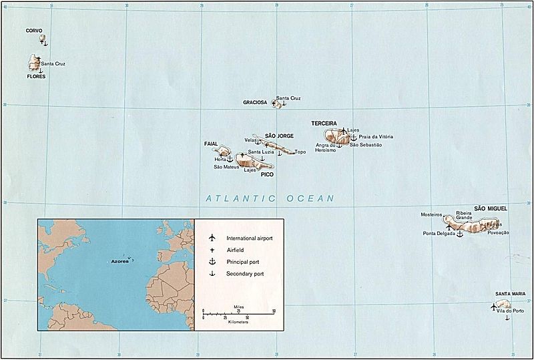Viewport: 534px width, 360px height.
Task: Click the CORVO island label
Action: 33,31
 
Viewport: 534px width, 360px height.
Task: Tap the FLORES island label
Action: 36,77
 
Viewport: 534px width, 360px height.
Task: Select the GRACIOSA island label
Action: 255,103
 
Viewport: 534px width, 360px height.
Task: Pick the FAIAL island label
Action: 211,144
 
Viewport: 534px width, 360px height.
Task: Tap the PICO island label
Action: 267,175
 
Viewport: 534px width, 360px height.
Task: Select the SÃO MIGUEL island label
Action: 491,208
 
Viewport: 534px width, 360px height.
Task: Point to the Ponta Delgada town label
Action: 438,234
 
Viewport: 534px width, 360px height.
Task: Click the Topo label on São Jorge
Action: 300,152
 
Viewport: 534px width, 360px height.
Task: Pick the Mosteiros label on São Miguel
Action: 431,215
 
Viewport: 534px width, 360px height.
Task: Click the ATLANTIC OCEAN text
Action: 270,198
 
